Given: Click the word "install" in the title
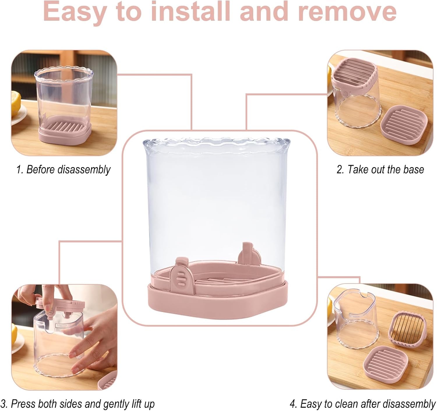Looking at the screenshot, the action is pyautogui.click(x=191, y=11).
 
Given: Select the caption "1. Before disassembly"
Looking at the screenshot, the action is pyautogui.click(x=64, y=170).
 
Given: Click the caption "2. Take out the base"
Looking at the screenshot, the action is pyautogui.click(x=380, y=170).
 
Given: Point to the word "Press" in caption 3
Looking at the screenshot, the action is pyautogui.click(x=23, y=404).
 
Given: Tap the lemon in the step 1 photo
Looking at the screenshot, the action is pyautogui.click(x=16, y=103).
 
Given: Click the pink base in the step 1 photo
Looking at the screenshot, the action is pyautogui.click(x=65, y=131).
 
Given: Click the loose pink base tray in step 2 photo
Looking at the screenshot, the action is pyautogui.click(x=404, y=124).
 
